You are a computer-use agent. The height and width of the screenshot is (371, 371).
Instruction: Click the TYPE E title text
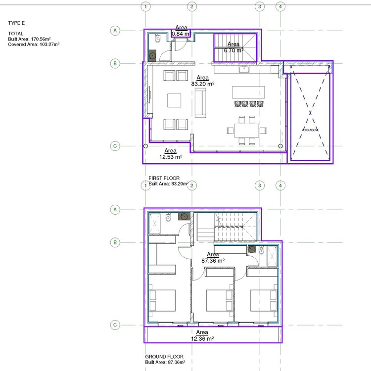click(x=16, y=23)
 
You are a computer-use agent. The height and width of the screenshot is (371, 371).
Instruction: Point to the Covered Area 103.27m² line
click(x=34, y=44)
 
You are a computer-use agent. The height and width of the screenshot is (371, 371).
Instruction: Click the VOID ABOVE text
click(x=310, y=130)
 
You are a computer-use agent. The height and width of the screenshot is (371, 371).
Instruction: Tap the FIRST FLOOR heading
click(x=164, y=178)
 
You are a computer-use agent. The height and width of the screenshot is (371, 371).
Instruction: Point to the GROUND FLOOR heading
click(x=164, y=357)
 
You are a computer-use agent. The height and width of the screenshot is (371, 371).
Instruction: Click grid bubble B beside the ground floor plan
click(x=115, y=242)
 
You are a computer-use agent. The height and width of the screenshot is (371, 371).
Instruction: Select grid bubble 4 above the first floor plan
click(x=280, y=6)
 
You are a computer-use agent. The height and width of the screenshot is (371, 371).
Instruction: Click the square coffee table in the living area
click(x=175, y=100)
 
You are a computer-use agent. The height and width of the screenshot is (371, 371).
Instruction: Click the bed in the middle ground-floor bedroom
click(x=212, y=300)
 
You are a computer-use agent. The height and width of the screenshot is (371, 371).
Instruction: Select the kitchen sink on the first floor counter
click(x=244, y=69)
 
